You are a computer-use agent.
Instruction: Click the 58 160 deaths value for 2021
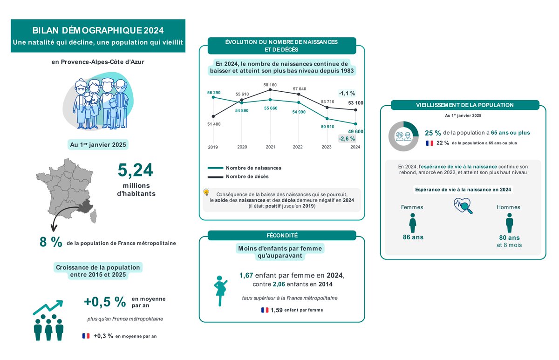coord(271,85)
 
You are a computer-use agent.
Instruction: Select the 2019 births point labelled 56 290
coord(213,97)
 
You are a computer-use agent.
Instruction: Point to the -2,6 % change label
coord(347,138)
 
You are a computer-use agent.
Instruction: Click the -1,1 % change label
coord(347,93)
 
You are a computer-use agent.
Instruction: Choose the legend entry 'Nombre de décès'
coord(247,177)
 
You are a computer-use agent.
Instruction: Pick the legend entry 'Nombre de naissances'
coord(253,168)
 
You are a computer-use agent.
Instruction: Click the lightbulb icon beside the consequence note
coord(206,192)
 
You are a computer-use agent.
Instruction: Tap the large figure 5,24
coord(135,170)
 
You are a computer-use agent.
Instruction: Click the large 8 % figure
coord(51,243)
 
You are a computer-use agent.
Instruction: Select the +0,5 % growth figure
coord(105,302)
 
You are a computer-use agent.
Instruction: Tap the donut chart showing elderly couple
coord(403,136)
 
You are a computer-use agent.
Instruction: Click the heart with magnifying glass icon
coord(463,205)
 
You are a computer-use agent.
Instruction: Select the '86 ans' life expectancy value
coord(413,237)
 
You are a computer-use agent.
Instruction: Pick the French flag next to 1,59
coord(265,310)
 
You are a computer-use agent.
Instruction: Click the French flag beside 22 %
coord(429,143)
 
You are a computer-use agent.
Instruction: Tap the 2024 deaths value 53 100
coord(355,103)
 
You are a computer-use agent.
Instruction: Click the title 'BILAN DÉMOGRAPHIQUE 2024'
coord(98,31)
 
